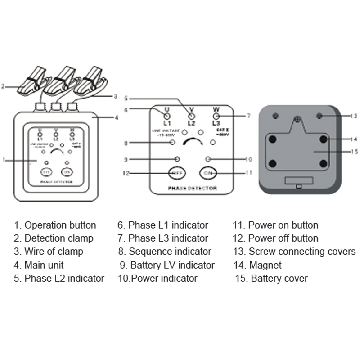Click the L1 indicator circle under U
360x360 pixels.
click(166, 116)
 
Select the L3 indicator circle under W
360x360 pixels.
click(216, 116)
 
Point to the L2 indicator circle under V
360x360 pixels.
click(191, 116)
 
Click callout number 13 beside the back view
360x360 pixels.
click(354, 116)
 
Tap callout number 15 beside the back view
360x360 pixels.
click(354, 152)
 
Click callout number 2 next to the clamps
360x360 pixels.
click(3, 85)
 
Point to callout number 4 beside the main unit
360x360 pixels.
click(117, 118)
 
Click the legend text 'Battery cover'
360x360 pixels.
click(279, 279)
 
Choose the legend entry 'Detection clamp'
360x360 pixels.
click(58, 238)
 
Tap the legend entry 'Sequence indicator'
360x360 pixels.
click(170, 252)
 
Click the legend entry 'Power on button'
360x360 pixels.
click(283, 225)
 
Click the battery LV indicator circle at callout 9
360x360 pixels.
click(177, 158)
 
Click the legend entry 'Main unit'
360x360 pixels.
click(44, 265)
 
